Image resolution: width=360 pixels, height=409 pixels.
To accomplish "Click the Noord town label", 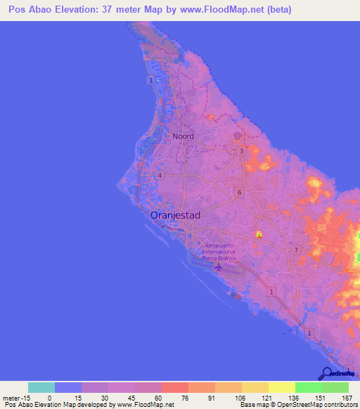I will point(183,136).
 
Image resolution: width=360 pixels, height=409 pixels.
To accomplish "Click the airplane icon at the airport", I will point(220,267).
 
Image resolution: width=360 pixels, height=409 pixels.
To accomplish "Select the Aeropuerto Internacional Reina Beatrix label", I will point(218,252).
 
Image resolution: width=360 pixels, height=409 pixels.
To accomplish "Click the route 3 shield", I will point(241,151).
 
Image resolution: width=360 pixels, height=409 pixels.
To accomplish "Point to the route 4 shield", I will point(160,176).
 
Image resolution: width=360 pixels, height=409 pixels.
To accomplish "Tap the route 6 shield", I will point(240,193).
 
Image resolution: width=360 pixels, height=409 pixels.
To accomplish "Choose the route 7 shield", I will point(296,250).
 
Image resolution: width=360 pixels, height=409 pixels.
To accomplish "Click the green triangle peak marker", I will point(259,235).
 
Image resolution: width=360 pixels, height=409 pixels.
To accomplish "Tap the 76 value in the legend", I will point(174,397).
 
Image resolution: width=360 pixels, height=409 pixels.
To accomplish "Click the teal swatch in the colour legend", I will point(41,387).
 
